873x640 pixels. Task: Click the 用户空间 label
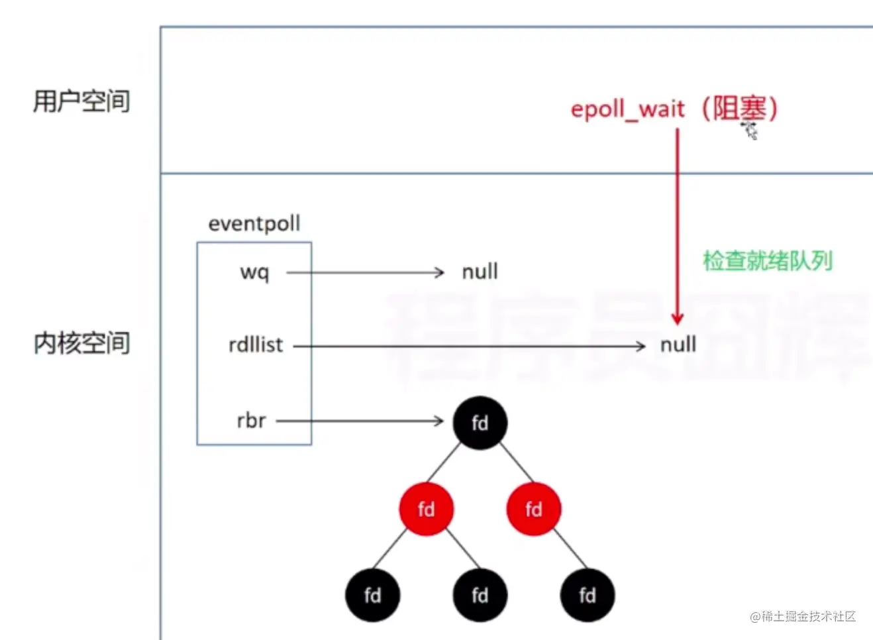pos(81,101)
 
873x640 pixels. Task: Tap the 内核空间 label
pos(81,343)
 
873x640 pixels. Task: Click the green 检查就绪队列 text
pos(767,260)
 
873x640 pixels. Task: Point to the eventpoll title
pos(254,224)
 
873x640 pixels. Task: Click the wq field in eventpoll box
pos(254,272)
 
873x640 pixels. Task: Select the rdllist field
pos(255,345)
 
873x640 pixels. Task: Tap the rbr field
pos(251,421)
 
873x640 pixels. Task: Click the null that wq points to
pos(480,272)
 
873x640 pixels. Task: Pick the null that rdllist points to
pos(678,345)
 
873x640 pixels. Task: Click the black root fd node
pos(480,423)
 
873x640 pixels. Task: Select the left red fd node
pos(426,509)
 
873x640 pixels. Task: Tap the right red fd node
pos(533,509)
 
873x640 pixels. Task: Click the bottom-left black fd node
pos(372,595)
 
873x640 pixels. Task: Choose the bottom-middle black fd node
pos(480,595)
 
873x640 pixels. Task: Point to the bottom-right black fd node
pos(587,595)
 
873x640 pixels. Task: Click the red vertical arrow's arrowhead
pos(677,319)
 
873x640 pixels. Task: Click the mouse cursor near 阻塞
pos(750,130)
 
